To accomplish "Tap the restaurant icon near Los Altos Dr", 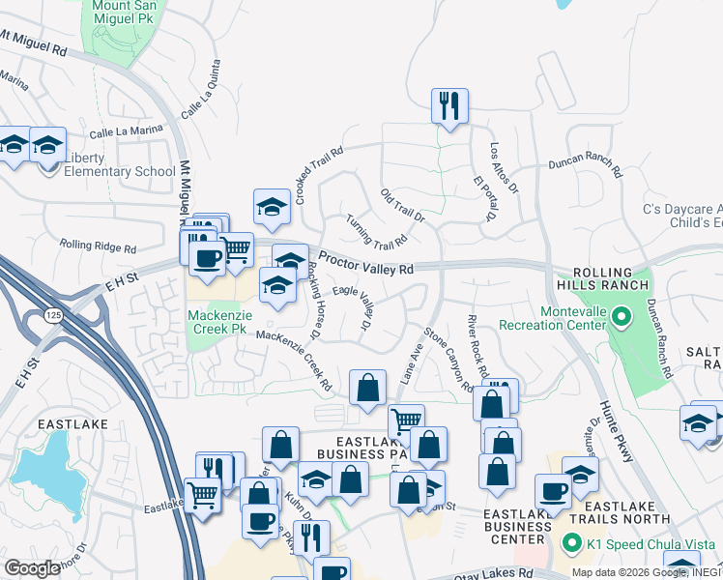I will pyautogui.click(x=449, y=105).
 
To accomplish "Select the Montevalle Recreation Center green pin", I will pyautogui.click(x=622, y=315).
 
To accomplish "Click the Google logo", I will pyautogui.click(x=31, y=568).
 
